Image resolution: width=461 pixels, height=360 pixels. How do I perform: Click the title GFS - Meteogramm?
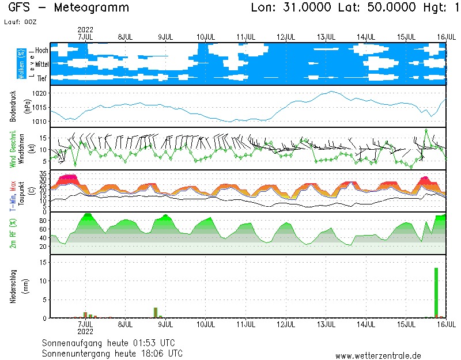click(x=69, y=8)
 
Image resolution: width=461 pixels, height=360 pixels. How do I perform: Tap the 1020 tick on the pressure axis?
click(x=42, y=93)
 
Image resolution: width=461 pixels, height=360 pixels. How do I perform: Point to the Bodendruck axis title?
click(x=13, y=107)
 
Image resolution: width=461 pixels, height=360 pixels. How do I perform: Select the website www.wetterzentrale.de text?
click(x=377, y=355)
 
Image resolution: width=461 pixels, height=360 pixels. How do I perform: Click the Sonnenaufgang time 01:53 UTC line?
click(x=112, y=342)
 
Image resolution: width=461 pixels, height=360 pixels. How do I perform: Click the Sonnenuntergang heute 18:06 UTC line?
click(x=112, y=353)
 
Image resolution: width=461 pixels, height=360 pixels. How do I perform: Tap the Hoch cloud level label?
click(x=41, y=51)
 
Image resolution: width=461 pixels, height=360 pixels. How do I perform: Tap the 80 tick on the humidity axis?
click(x=42, y=221)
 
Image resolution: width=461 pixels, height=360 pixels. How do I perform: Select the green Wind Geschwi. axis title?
click(x=13, y=149)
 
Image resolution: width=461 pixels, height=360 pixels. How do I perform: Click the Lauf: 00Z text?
click(x=22, y=21)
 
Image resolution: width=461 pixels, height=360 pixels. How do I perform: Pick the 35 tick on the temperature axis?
click(x=42, y=173)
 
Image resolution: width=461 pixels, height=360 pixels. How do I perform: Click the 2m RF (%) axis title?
click(x=13, y=233)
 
